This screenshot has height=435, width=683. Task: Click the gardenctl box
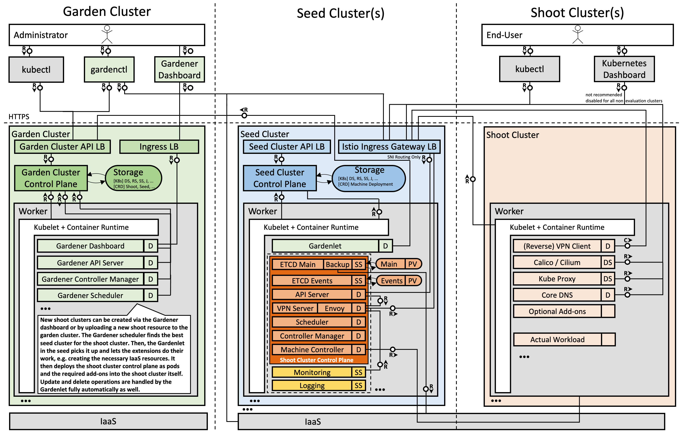pyautogui.click(x=109, y=69)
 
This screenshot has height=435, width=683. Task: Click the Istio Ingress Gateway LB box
pyautogui.click(x=389, y=147)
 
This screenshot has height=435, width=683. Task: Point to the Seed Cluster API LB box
pyautogui.click(x=286, y=147)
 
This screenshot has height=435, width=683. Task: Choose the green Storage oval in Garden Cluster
pyautogui.click(x=133, y=178)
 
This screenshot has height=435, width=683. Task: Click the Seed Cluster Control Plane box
pyautogui.click(x=279, y=178)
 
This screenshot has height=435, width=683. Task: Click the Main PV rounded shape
pyautogui.click(x=399, y=264)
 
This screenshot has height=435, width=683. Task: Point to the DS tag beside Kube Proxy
pyautogui.click(x=608, y=279)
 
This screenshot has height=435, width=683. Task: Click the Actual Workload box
pyautogui.click(x=557, y=340)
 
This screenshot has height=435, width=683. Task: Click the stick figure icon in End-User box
pyautogui.click(x=578, y=35)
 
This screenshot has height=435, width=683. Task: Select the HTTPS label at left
pyautogui.click(x=19, y=117)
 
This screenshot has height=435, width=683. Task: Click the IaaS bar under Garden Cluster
pyautogui.click(x=108, y=421)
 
